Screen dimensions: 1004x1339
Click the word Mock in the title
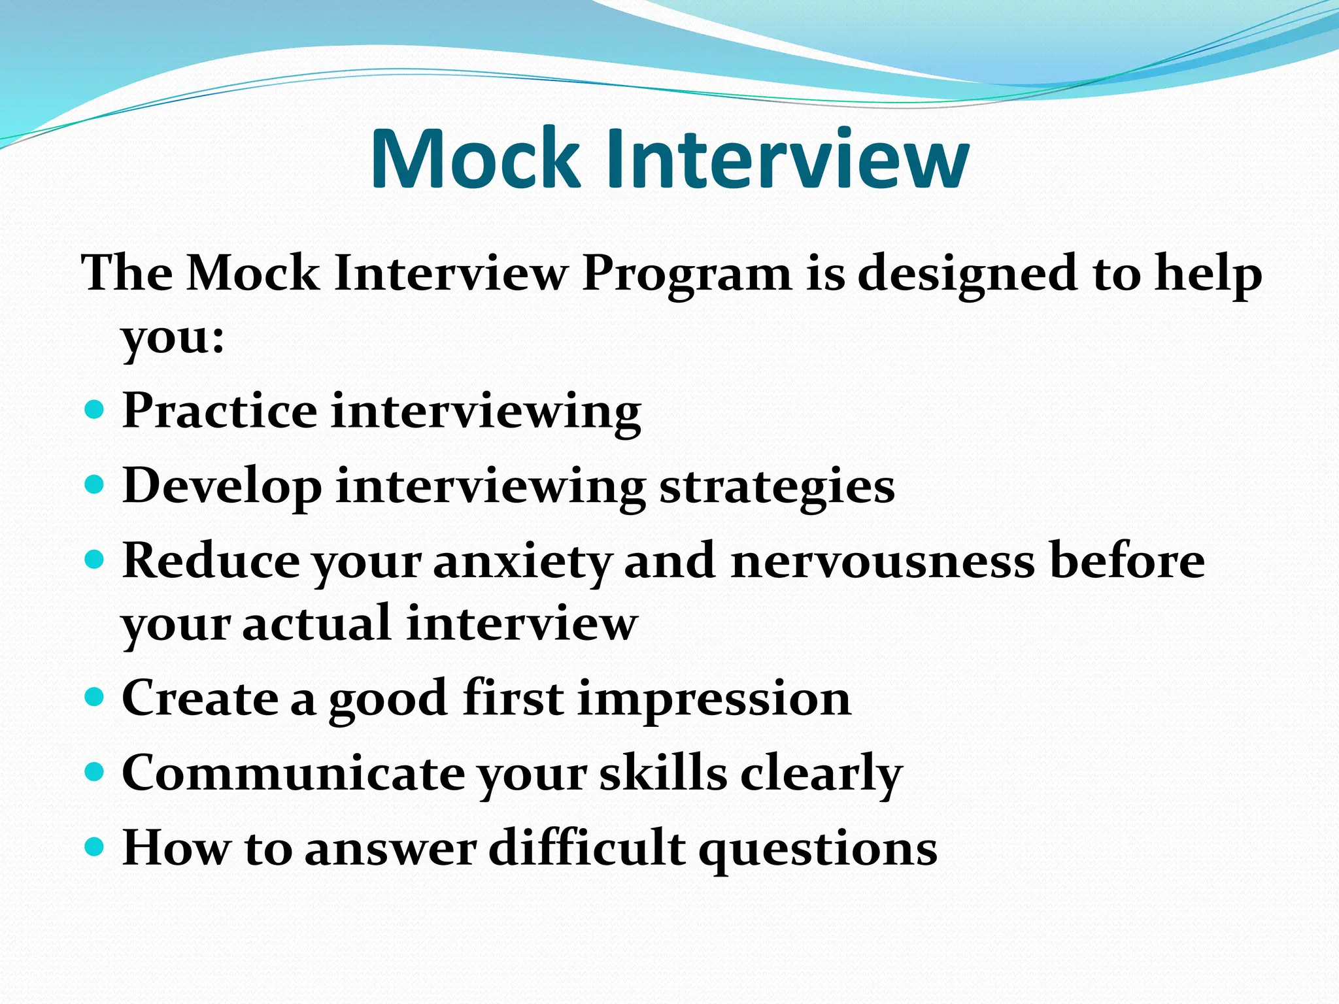click(x=475, y=159)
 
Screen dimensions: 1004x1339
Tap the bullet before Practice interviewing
click(x=95, y=410)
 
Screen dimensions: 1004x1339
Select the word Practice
click(x=220, y=411)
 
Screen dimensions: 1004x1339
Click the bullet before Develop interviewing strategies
click(x=95, y=485)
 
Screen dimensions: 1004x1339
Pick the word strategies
click(x=777, y=488)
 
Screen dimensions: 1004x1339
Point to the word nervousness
click(x=883, y=561)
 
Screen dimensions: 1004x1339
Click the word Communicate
click(x=293, y=773)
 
